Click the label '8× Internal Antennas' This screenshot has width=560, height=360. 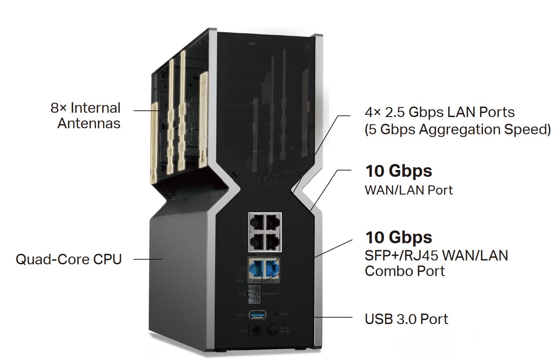pos(86,115)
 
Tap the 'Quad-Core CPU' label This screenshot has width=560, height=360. pos(69,260)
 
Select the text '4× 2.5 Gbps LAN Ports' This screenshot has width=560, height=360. pos(440,112)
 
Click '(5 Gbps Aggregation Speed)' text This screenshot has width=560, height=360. pos(457,129)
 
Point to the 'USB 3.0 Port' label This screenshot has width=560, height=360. pos(406,319)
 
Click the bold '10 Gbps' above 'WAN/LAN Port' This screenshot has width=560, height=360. pos(398,171)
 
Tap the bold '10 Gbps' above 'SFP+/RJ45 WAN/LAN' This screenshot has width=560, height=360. pos(398,237)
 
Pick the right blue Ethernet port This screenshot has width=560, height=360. pos(272,267)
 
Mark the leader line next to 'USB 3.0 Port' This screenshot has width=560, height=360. pos(335,317)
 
